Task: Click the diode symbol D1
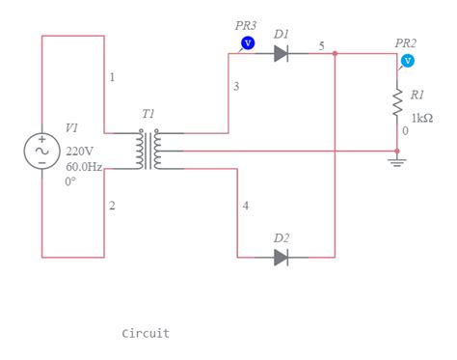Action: (281, 54)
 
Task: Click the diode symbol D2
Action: (281, 258)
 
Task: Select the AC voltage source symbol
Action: (42, 150)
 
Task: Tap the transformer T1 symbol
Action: (148, 151)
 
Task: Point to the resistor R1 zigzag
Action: (396, 103)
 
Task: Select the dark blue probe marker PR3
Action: (246, 43)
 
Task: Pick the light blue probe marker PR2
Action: (407, 61)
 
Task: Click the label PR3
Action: (246, 26)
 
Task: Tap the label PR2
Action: (406, 43)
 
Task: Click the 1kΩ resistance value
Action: (421, 118)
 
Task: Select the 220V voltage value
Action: (80, 152)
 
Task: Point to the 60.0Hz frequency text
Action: (84, 166)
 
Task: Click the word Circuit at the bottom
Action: (146, 333)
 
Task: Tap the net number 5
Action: (322, 45)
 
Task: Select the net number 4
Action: (245, 207)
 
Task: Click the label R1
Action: (417, 95)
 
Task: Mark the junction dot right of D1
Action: (335, 54)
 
